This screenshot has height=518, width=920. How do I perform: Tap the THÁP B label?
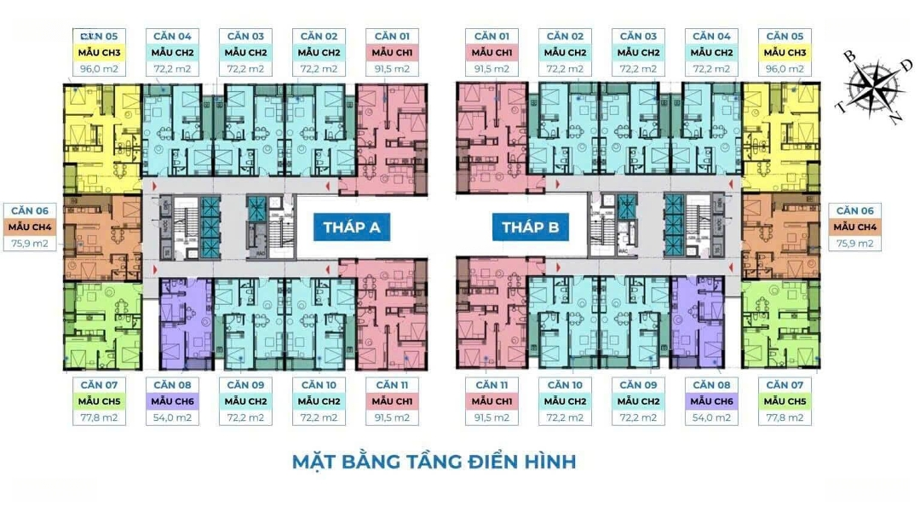pyautogui.click(x=529, y=227)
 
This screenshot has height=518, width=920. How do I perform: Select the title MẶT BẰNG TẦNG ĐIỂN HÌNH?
pyautogui.click(x=434, y=462)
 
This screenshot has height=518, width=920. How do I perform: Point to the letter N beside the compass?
pyautogui.click(x=894, y=118)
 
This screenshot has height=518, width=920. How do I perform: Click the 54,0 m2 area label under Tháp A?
pyautogui.click(x=173, y=417)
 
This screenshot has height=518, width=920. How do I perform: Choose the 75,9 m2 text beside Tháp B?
pyautogui.click(x=854, y=244)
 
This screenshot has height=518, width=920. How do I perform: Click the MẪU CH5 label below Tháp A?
pyautogui.click(x=100, y=401)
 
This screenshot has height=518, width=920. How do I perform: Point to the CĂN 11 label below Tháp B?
pyautogui.click(x=492, y=385)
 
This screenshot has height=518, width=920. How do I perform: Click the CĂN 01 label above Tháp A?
pyautogui.click(x=393, y=37)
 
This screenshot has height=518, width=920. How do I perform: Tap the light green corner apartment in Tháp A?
pyautogui.click(x=101, y=324)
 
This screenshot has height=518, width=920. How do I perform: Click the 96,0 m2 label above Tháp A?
pyautogui.click(x=100, y=69)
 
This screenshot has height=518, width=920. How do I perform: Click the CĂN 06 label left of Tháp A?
pyautogui.click(x=30, y=210)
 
